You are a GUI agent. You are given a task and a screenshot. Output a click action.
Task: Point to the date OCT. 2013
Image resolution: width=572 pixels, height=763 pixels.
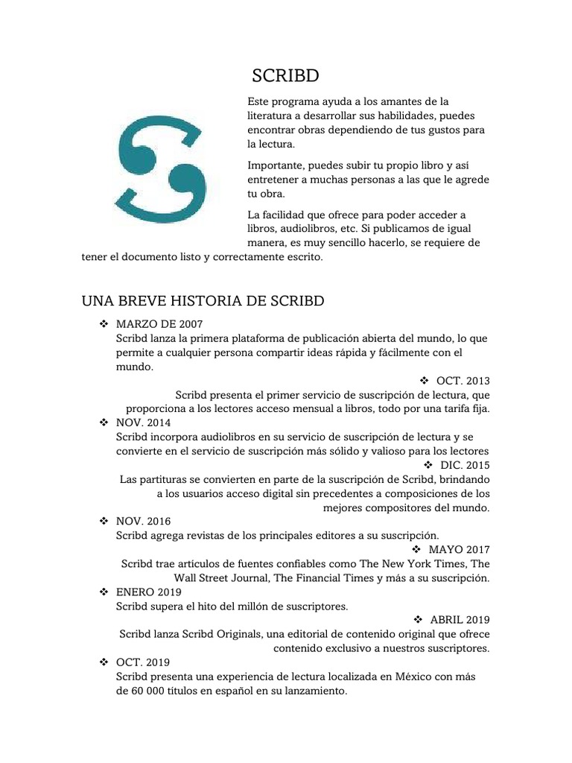tap(463, 381)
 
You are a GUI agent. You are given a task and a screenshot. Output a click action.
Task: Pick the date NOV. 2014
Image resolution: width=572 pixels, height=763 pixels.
tap(143, 422)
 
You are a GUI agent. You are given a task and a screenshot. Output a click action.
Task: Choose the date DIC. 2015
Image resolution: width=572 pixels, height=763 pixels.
tap(465, 465)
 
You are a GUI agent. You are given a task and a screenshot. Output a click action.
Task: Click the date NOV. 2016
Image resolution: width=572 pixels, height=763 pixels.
tap(143, 521)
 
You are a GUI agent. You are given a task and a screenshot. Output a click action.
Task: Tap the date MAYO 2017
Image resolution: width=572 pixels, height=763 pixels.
tap(460, 549)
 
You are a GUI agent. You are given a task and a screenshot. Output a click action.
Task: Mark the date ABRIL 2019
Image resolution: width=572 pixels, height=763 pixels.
tap(460, 619)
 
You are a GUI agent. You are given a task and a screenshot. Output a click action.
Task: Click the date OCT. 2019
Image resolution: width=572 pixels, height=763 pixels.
tap(143, 662)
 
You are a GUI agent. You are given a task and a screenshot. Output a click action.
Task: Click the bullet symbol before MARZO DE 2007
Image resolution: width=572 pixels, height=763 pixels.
tap(103, 324)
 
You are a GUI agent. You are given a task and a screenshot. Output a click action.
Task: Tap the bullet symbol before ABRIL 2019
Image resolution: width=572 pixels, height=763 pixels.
tap(417, 619)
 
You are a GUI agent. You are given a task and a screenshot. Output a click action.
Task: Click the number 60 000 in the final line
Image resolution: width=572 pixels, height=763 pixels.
tap(147, 690)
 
